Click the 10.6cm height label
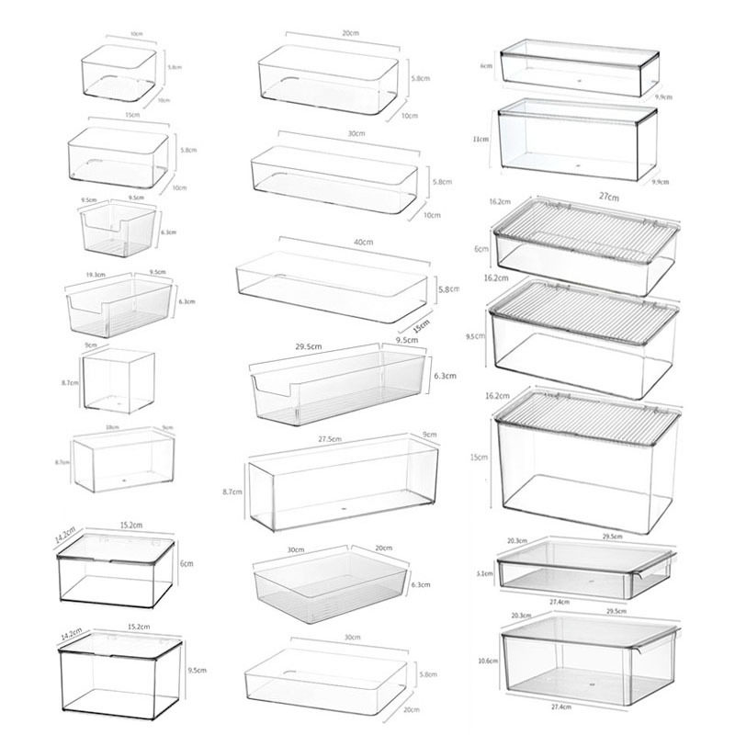(x=487, y=660)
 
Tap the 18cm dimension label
(x=112, y=426)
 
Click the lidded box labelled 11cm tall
(x=576, y=138)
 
